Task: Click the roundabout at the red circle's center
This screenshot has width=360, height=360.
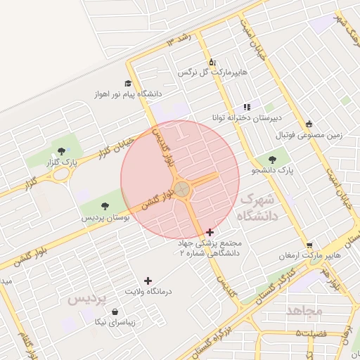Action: tap(181, 188)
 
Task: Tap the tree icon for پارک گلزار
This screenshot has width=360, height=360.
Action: tap(62, 150)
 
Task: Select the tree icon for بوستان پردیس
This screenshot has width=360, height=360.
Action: tap(105, 206)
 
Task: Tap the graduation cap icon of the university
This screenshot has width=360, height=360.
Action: tap(128, 83)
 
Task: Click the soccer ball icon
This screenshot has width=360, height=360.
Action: tap(310, 124)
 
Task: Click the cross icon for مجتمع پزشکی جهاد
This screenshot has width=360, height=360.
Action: tap(210, 231)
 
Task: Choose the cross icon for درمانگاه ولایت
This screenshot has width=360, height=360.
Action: tap(148, 281)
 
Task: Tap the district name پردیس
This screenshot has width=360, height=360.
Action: tap(86, 299)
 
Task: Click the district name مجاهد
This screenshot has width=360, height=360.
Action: tap(304, 310)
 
